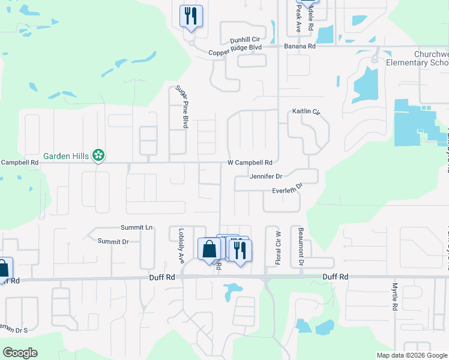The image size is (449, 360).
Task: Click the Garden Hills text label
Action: pos(65,156)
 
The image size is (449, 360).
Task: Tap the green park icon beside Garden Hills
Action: pos(98,156)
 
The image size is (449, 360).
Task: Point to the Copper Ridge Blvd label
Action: pos(235,52)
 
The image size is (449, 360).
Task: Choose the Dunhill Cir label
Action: pos(244,40)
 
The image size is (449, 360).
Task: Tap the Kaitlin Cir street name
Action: pos(307,112)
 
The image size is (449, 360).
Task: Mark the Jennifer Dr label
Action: pos(267,176)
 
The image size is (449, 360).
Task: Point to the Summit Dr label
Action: pos(113,241)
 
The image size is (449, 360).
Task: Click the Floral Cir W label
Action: pos(278,248)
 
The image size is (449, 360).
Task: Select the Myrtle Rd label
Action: pos(395,296)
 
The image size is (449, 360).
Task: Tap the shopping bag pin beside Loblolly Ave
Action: pos(209,250)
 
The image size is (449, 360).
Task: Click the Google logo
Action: pos(20,353)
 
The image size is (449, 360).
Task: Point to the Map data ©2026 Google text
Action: pos(411,355)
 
